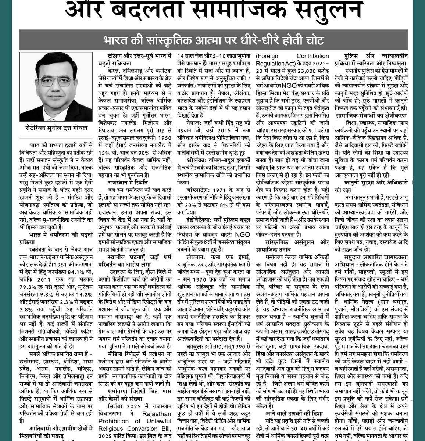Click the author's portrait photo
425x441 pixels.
point(51,87)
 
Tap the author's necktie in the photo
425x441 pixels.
point(51,110)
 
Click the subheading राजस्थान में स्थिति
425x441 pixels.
point(123,182)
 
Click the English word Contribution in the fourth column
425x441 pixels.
point(312,56)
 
